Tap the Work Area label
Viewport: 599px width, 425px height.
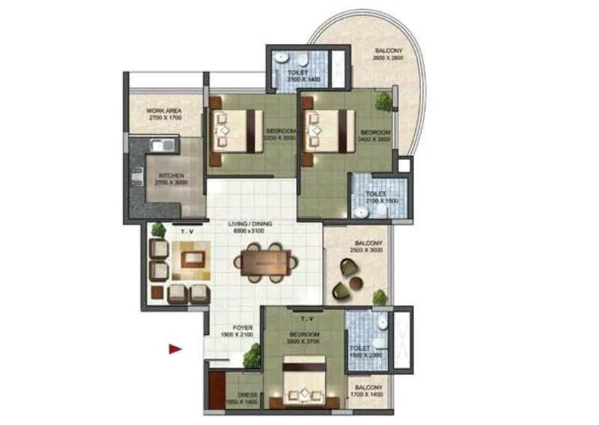[165, 114]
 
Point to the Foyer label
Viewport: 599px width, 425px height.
[241, 331]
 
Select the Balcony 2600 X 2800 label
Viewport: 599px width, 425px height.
[388, 55]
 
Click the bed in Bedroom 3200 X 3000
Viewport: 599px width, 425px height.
[235, 130]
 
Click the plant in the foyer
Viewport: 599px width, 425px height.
[252, 356]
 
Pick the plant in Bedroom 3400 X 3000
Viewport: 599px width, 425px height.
[384, 100]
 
